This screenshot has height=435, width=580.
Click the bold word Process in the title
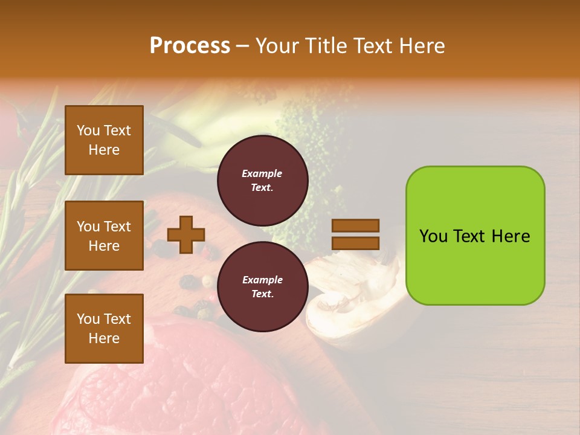(x=190, y=45)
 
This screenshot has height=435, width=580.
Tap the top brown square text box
(x=104, y=140)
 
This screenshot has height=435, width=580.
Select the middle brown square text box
(x=104, y=236)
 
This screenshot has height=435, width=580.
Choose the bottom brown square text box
(x=104, y=328)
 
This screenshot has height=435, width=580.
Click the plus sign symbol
(x=185, y=234)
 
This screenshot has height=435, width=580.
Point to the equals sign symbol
(x=355, y=234)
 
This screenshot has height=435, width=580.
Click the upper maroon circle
(x=262, y=181)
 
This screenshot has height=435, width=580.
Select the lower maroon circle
(x=262, y=287)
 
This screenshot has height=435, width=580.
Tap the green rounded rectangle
(x=475, y=236)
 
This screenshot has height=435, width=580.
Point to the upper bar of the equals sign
(x=355, y=225)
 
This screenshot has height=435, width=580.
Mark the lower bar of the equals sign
(x=355, y=243)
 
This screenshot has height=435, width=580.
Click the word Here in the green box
(x=511, y=236)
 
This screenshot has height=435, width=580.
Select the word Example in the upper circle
(x=262, y=173)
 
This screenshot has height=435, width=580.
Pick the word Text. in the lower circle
(x=262, y=294)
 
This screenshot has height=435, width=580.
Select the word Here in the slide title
(x=422, y=45)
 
